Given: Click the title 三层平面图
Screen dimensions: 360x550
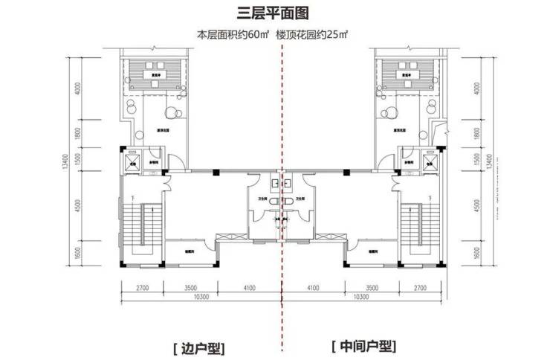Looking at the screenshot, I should pyautogui.click(x=275, y=13).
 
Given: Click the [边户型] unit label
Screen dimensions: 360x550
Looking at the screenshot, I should pyautogui.click(x=198, y=347).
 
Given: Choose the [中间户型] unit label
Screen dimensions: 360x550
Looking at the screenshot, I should pyautogui.click(x=363, y=347).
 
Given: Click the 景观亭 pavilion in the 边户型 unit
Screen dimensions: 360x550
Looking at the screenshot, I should pyautogui.click(x=158, y=74).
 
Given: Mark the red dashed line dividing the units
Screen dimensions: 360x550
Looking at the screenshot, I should pyautogui.click(x=282, y=186).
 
